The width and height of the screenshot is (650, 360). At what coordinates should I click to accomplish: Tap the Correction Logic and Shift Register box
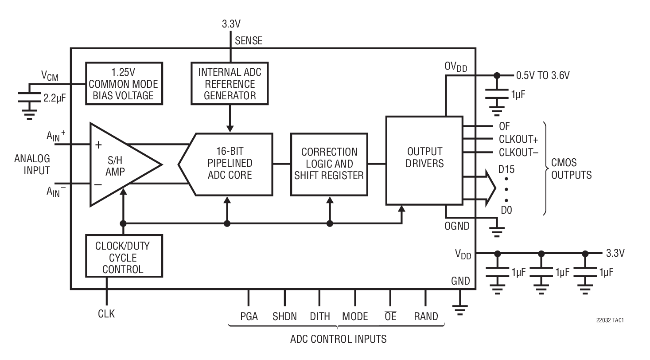tap(329, 164)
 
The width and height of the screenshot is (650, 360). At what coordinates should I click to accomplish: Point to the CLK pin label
tap(106, 314)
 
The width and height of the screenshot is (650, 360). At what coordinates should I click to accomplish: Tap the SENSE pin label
tap(249, 41)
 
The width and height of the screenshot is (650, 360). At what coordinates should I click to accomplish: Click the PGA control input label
tap(249, 317)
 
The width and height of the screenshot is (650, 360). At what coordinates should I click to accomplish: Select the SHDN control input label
tap(284, 317)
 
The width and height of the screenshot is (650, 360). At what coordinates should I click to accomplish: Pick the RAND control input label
tap(425, 317)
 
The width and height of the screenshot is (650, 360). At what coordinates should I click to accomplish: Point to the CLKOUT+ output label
tap(518, 140)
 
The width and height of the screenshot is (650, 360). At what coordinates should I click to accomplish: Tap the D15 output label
tap(506, 169)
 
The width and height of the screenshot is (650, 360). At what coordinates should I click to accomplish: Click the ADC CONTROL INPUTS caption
tap(338, 340)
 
